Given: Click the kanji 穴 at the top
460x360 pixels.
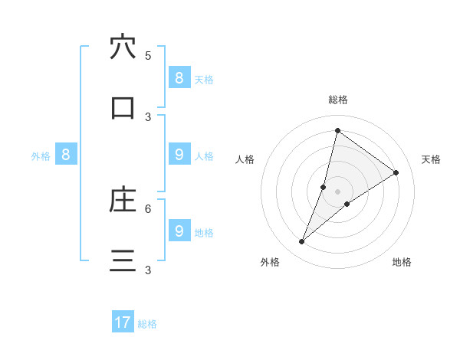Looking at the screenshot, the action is [123, 47].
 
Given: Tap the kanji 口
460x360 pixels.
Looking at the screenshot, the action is [123, 108].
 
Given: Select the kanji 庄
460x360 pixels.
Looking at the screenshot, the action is [123, 200].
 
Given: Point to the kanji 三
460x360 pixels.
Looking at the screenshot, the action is [123, 261].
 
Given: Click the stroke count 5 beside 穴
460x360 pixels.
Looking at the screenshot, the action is [148, 55].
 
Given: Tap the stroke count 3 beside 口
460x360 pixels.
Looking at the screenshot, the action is [148, 116].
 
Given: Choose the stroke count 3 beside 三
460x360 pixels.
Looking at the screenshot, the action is [148, 270].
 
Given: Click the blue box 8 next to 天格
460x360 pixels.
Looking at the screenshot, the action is [179, 77].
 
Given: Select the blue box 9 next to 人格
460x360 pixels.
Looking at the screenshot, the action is [179, 154].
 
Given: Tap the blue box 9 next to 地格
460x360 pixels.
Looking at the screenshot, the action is [179, 231].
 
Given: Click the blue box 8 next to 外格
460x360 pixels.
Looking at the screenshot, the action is [66, 154].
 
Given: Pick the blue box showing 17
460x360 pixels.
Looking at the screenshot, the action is [123, 322].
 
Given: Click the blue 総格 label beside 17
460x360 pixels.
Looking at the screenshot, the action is [147, 324].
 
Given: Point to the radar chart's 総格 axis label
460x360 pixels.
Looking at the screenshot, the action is [338, 100].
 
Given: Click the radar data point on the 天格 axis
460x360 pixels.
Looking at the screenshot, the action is [396, 172].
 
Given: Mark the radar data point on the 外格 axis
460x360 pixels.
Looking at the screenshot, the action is [302, 242].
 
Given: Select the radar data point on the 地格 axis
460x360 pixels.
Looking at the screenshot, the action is [347, 204].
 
